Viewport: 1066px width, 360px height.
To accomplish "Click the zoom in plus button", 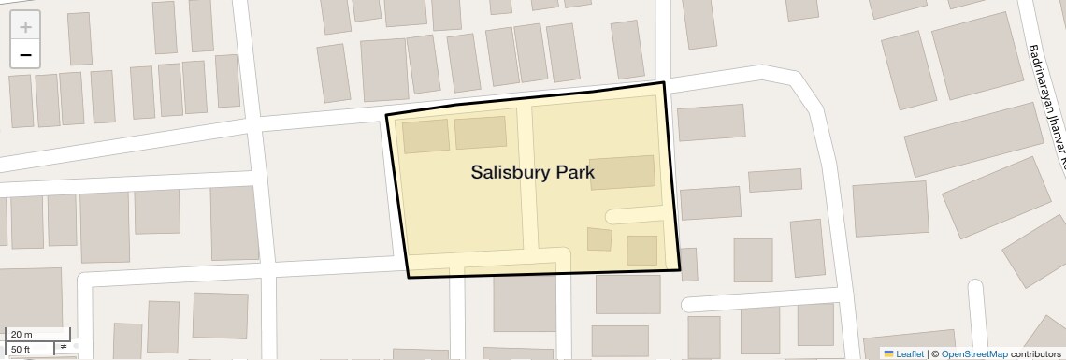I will point(25,27).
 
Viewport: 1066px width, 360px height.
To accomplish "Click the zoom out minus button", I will point(25,55).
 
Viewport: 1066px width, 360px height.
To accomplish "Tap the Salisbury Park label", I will point(532,172).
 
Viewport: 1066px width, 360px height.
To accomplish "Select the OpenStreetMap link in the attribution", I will point(973,353).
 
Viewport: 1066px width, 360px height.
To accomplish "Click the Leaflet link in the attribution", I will point(910,353).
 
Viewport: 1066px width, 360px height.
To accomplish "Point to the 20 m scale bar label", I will point(21,334).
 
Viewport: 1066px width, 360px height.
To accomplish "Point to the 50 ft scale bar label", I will point(21,349).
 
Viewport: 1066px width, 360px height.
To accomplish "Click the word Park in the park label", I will point(575,172).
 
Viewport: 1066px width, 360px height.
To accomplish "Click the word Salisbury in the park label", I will point(511,172).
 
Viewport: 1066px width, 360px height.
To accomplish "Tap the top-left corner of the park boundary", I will point(387,115).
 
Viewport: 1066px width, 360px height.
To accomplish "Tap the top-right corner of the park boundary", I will point(664,83).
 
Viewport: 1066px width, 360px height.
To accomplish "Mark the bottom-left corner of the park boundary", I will point(409,277).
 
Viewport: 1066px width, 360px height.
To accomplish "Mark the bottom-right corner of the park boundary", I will point(680,270).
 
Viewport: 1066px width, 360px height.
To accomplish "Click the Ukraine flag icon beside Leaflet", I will point(888,353).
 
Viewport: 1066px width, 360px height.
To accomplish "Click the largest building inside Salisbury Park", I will point(622,173).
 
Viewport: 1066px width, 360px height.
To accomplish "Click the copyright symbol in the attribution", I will point(934,353).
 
